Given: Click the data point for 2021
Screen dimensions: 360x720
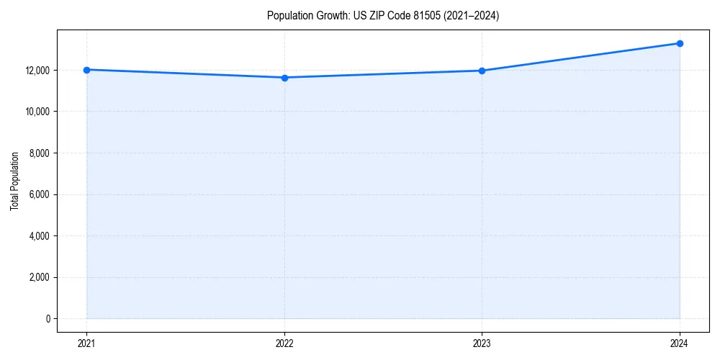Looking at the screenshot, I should (x=86, y=70).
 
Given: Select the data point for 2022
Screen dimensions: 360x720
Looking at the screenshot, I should (x=284, y=78).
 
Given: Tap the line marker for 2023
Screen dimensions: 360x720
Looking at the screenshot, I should (x=482, y=71).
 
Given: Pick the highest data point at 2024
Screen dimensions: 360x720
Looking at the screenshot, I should (x=680, y=43).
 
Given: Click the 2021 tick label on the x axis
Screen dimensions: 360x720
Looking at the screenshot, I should (x=86, y=343).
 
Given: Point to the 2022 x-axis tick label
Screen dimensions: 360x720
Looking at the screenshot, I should (x=284, y=343).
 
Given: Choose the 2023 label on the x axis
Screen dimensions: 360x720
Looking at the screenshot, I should (x=482, y=343).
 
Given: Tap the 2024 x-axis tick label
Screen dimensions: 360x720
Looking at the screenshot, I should (x=680, y=343).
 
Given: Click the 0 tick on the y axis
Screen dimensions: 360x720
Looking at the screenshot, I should (x=48, y=319).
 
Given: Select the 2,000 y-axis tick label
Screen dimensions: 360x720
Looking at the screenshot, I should (x=40, y=277).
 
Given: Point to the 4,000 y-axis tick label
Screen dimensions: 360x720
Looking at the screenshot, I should (x=40, y=236).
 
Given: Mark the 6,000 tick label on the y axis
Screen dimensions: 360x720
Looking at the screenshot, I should (x=40, y=194).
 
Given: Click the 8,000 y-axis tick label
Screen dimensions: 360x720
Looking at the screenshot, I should (x=40, y=153).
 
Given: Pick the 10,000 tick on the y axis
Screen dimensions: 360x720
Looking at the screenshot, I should (x=39, y=112).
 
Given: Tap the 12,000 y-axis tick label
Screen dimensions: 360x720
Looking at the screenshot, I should (x=39, y=71).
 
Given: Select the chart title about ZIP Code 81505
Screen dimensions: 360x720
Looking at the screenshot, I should (x=382, y=15).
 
